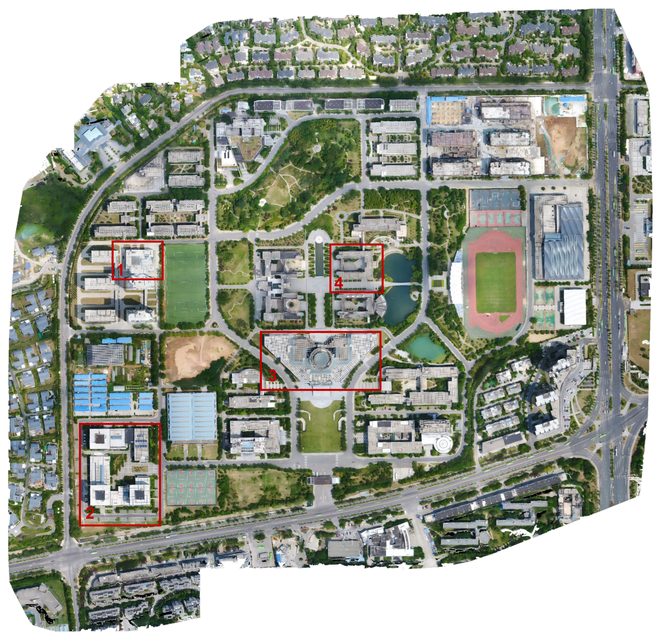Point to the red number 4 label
coord(339,283)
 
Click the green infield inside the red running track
coord(495,283)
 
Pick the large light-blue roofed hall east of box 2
coord(192,416)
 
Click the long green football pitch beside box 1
coord(186,283)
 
